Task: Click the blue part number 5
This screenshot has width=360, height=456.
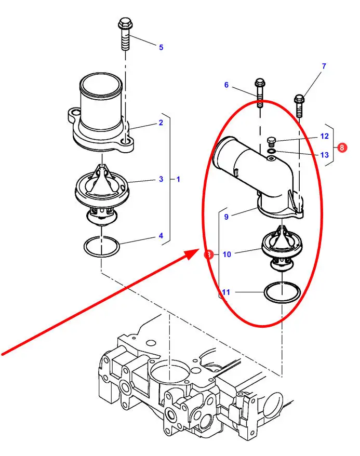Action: [161, 47]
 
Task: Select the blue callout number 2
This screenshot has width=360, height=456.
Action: [161, 123]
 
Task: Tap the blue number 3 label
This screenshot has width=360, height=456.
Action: [161, 179]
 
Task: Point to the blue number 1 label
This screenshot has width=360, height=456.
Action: [178, 179]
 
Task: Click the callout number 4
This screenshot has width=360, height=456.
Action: [161, 236]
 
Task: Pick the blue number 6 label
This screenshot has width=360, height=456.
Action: [226, 85]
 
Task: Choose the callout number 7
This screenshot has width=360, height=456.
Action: [324, 66]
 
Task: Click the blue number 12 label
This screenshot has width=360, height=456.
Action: [325, 136]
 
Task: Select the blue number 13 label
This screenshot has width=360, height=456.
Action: [325, 155]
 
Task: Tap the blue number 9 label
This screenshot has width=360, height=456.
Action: [226, 217]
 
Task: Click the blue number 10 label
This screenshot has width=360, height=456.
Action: [227, 254]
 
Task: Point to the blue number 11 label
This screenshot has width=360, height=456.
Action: [226, 292]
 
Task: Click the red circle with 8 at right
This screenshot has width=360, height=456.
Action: [342, 147]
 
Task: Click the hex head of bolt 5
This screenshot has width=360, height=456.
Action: [125, 23]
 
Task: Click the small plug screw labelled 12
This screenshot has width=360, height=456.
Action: [271, 141]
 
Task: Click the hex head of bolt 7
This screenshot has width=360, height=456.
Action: [299, 100]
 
